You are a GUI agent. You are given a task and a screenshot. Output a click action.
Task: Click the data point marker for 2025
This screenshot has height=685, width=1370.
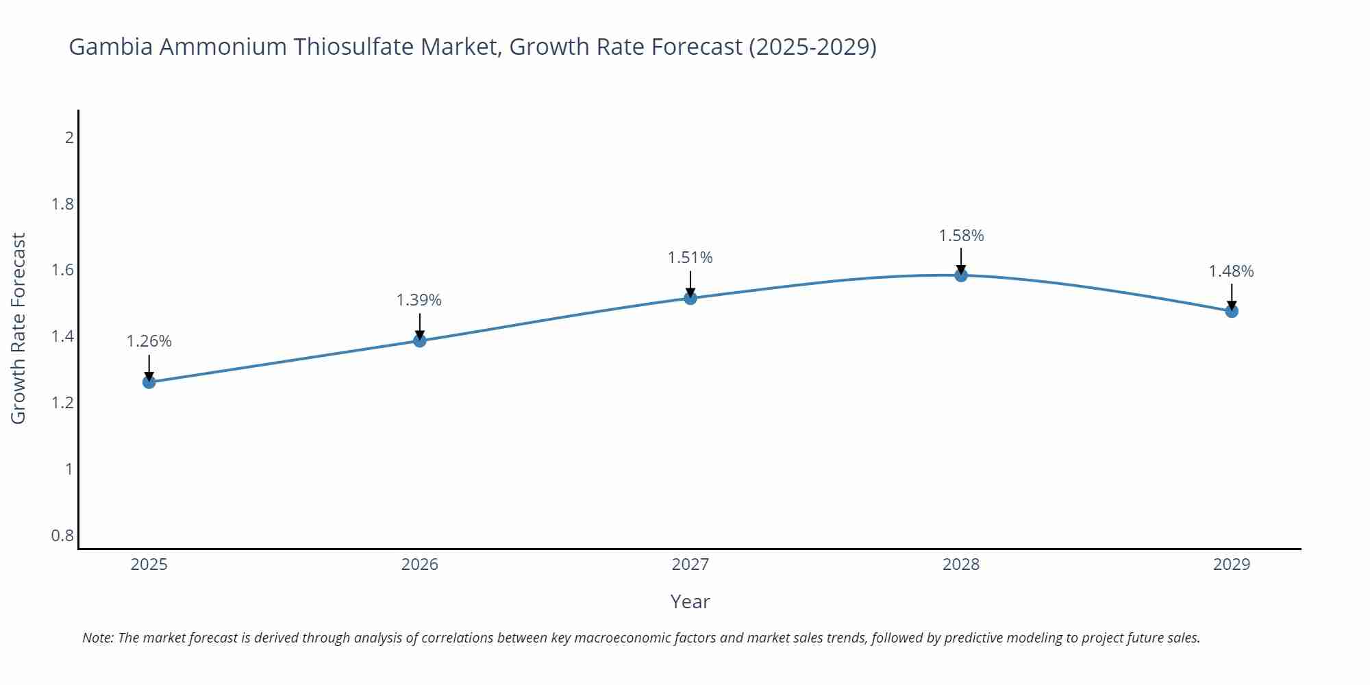coord(149,382)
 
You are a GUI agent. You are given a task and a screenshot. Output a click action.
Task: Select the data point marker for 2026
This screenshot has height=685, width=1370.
coord(420,340)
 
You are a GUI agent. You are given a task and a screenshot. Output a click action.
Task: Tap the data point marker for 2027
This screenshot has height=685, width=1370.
coord(690,298)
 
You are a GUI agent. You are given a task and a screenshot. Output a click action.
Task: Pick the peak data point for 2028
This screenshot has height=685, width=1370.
coord(961,275)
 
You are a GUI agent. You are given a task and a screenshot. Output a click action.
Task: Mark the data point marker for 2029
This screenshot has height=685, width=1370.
coord(1232,311)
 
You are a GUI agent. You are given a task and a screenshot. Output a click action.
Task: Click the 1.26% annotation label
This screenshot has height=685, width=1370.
coord(149,341)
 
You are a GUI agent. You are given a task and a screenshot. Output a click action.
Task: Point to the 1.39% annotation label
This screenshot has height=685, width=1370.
coord(419,300)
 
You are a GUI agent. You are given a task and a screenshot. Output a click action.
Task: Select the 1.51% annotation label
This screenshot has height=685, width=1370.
coord(690,258)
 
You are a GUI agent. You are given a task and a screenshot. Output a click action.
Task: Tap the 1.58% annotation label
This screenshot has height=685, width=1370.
coord(961,236)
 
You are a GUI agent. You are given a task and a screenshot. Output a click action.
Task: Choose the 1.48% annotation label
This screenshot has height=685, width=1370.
coord(1231,271)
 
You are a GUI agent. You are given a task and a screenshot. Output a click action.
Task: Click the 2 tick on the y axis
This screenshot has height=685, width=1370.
coord(69,138)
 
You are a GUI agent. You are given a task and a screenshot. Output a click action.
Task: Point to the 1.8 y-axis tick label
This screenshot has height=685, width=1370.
coord(63,204)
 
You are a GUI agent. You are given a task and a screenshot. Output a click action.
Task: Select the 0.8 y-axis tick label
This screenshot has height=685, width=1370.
coord(63,535)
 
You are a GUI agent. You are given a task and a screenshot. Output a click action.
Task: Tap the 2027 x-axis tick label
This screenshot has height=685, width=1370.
coord(690,564)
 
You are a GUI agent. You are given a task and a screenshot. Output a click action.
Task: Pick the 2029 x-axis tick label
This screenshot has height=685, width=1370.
coord(1232,564)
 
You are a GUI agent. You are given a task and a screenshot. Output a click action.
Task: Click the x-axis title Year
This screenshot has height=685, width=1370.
coord(690,601)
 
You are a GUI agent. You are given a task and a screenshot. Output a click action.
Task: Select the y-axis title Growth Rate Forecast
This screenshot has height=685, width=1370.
coord(18,328)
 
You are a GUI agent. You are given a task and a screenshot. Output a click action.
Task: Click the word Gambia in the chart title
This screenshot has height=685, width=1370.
coord(110,47)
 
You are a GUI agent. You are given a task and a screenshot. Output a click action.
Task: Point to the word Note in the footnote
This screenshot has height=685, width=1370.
coord(97,638)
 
